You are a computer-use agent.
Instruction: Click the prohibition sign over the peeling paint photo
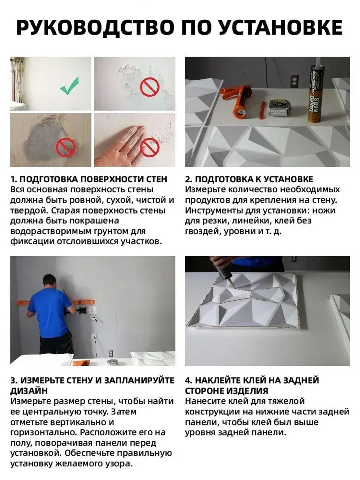coord(149,88)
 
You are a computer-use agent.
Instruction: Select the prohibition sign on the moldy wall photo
coord(66,147)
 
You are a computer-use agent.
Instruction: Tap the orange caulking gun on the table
coord(239,101)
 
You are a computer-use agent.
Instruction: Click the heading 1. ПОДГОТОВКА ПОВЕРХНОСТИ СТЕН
coord(89,179)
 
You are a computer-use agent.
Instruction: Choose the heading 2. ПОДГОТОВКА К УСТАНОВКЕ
coord(249,179)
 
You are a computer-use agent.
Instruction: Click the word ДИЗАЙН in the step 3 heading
coord(29,391)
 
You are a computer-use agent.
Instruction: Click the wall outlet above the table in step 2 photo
coord(294,81)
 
